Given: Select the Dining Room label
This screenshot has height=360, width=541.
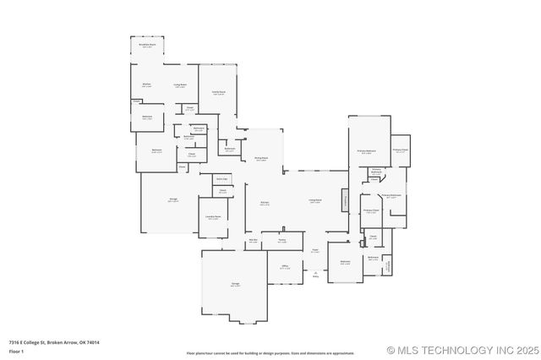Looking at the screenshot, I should [x=261, y=158].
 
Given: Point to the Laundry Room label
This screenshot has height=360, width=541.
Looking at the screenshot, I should [x=213, y=216].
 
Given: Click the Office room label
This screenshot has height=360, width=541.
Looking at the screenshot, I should [x=285, y=267].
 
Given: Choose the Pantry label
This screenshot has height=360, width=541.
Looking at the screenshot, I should [x=281, y=241].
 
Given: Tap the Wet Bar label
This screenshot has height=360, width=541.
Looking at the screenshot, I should [x=253, y=241].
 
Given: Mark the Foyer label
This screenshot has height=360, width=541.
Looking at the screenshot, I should [x=314, y=250].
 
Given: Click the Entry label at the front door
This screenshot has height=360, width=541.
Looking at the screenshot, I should [x=315, y=275].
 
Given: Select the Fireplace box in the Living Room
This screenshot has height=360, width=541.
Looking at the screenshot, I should [x=344, y=200].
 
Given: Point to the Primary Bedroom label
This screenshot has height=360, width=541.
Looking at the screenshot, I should [x=366, y=150].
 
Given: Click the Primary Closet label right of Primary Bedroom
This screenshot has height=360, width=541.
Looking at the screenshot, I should [x=400, y=151].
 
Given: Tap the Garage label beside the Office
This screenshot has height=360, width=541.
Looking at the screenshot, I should [x=235, y=285].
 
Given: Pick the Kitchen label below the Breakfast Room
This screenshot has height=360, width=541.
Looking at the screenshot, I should [x=145, y=85].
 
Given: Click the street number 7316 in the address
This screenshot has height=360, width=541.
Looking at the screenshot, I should [x=15, y=342].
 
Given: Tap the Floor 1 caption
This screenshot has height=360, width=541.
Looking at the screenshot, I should [x=17, y=351].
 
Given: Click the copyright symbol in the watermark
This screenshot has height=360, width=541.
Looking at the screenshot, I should [x=391, y=350].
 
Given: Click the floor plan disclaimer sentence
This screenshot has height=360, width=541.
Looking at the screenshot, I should [x=270, y=352].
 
